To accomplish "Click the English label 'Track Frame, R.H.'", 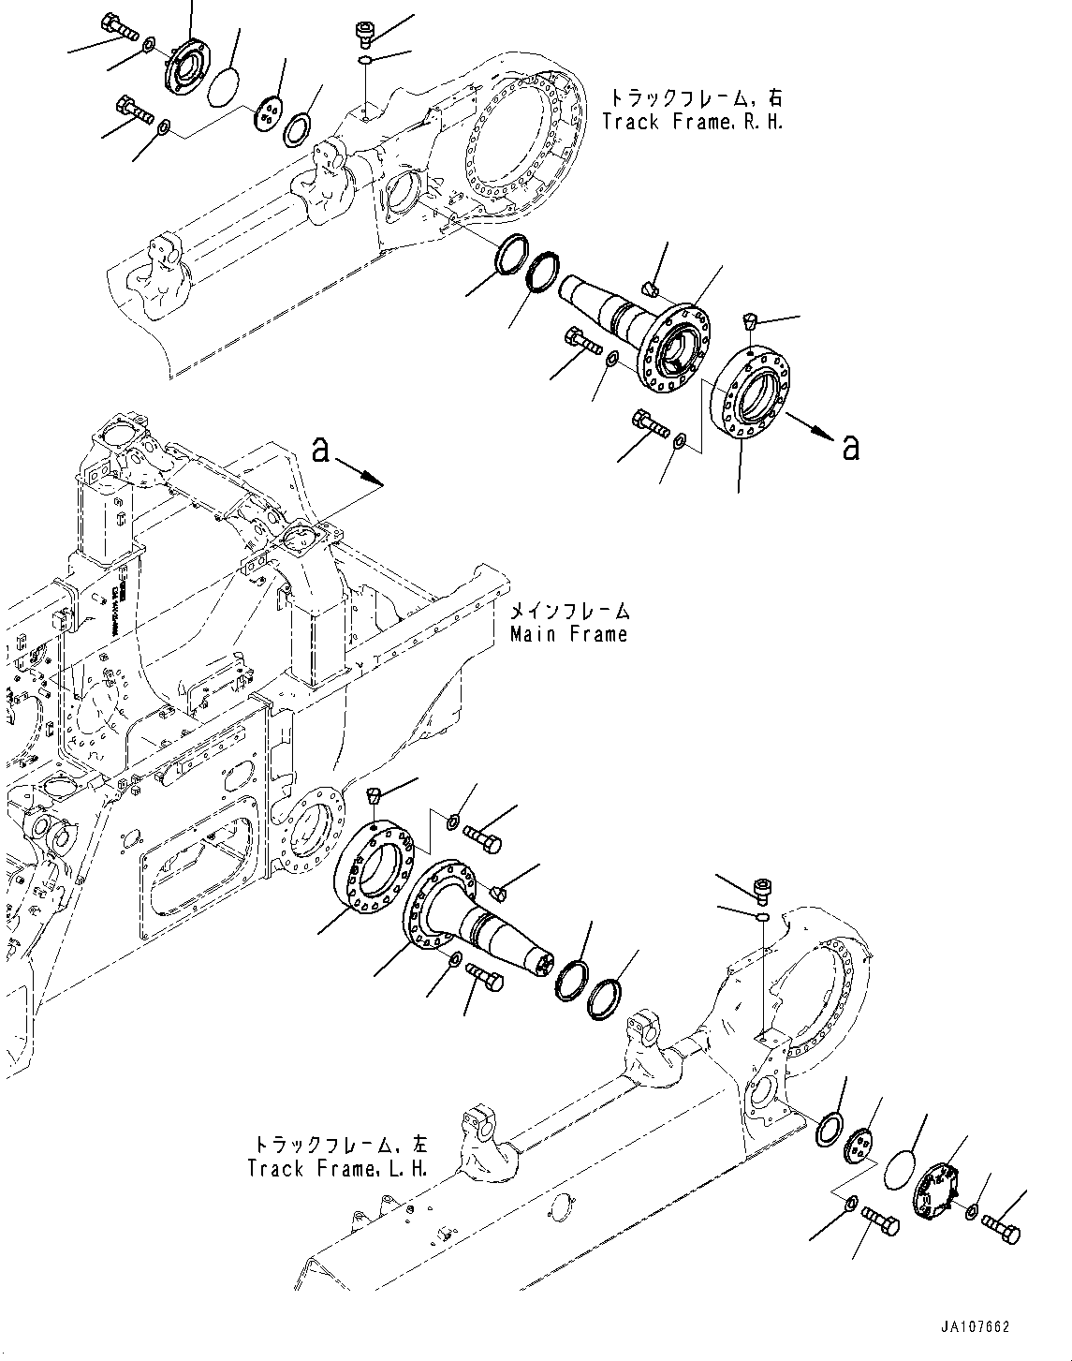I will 692,122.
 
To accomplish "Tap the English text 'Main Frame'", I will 568,634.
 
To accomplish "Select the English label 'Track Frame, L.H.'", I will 337,1169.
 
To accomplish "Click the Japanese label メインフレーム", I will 569,612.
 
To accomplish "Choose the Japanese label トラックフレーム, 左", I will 338,1146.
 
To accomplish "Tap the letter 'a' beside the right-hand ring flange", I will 850,449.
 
